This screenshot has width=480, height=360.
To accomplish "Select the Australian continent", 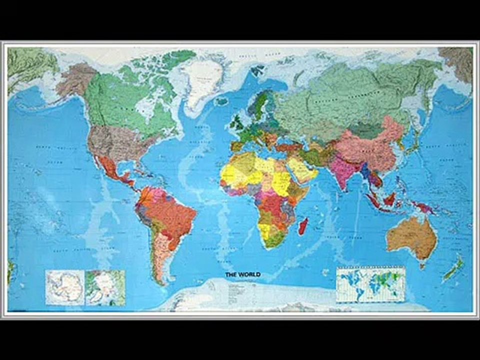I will pos(411,239).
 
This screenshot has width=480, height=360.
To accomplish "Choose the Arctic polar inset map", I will pos(105,287).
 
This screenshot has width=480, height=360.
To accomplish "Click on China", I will pos(372,145).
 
